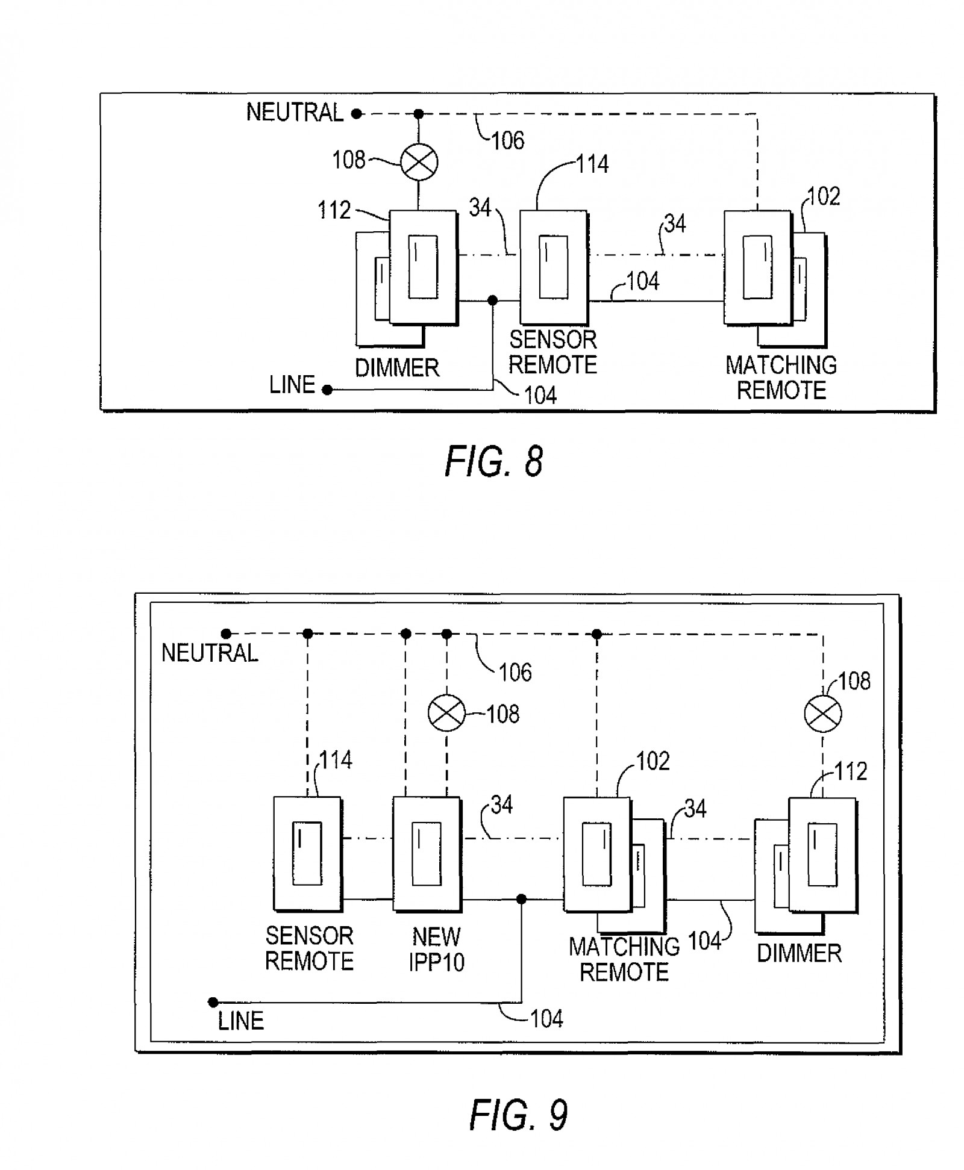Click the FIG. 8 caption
tap(494, 462)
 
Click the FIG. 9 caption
tap(518, 1115)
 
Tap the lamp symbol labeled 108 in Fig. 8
tap(419, 162)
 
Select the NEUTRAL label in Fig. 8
tap(295, 113)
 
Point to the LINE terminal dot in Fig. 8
tap(327, 390)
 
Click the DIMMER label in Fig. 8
tap(397, 368)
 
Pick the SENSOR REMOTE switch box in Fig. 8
tap(554, 267)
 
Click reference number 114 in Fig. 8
tap(593, 164)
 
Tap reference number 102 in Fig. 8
tap(824, 196)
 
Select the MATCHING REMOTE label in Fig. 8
tap(781, 378)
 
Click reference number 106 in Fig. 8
tap(508, 140)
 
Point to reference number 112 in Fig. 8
tap(334, 210)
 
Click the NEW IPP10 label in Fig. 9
tap(437, 949)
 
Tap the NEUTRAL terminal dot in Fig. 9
tap(226, 633)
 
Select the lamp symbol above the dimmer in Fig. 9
tap(823, 714)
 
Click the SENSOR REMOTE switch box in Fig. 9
tap(308, 854)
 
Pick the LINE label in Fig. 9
tap(241, 1021)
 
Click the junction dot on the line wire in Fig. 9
tap(522, 900)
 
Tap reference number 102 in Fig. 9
tap(653, 762)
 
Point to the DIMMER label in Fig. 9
tap(799, 953)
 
